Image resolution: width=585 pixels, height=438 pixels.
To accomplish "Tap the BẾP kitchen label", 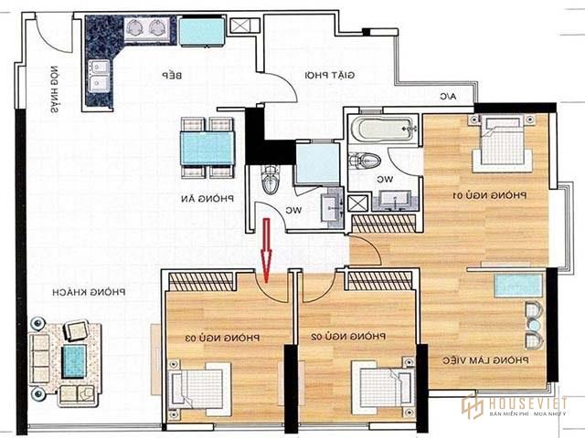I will tap(175, 75).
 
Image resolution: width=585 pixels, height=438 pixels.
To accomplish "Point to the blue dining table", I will tap(207, 147).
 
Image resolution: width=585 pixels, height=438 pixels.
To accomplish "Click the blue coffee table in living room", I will tap(74, 360).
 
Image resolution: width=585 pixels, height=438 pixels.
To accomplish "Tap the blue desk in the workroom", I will tap(518, 285).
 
